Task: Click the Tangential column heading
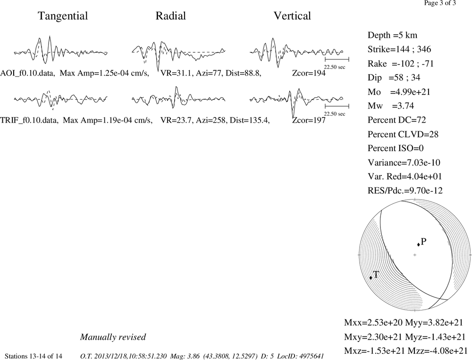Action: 63,16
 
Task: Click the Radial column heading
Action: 171,16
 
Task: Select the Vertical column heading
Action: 292,16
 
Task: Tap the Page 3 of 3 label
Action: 440,3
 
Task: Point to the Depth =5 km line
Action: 393,35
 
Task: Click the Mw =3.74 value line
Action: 391,106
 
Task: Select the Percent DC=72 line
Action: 397,120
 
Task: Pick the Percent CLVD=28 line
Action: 403,134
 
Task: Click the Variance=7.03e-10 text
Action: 404,162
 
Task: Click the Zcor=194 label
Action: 309,73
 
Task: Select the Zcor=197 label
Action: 309,120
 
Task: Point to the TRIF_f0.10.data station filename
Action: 29,120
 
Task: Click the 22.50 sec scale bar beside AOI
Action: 337,59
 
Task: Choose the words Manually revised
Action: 113,337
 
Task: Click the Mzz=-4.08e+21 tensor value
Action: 438,351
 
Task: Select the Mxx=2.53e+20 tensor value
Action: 373,323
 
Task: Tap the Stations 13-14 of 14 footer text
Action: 34,356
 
